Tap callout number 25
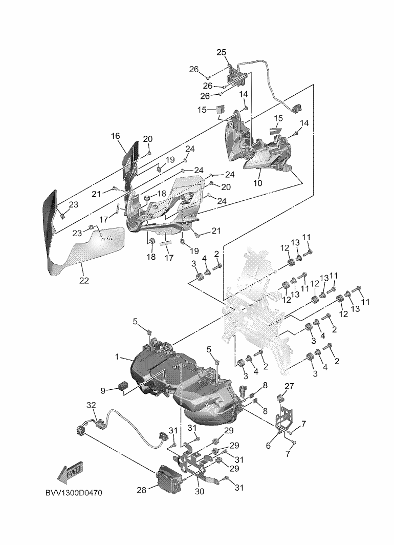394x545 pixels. pyautogui.click(x=222, y=52)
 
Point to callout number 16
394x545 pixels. pyautogui.click(x=115, y=136)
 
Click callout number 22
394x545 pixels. pyautogui.click(x=84, y=280)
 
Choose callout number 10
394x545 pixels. pyautogui.click(x=257, y=183)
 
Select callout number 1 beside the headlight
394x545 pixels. pyautogui.click(x=117, y=357)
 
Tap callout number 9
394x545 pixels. pyautogui.click(x=103, y=390)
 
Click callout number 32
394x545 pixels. pyautogui.click(x=91, y=405)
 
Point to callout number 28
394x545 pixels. pyautogui.click(x=141, y=490)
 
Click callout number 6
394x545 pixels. pyautogui.click(x=268, y=446)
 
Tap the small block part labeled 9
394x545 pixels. pyautogui.click(x=123, y=386)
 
